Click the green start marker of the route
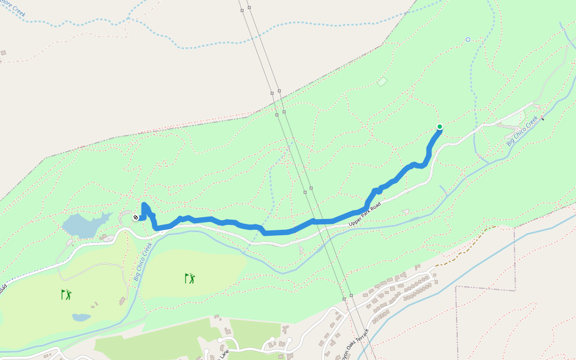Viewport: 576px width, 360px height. coord(440,127)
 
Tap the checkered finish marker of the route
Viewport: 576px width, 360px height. coord(136,218)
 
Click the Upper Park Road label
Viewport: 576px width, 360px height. coord(365,214)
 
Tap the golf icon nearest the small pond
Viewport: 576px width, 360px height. coord(66,295)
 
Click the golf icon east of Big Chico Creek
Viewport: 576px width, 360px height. coord(190,278)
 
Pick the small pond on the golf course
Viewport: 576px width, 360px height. coord(81,317)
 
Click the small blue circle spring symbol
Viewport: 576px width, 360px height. coord(467,40)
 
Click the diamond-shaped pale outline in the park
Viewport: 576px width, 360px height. coord(382,82)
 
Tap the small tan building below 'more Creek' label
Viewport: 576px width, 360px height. coord(3,53)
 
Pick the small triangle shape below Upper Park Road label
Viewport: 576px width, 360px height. coord(406,211)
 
